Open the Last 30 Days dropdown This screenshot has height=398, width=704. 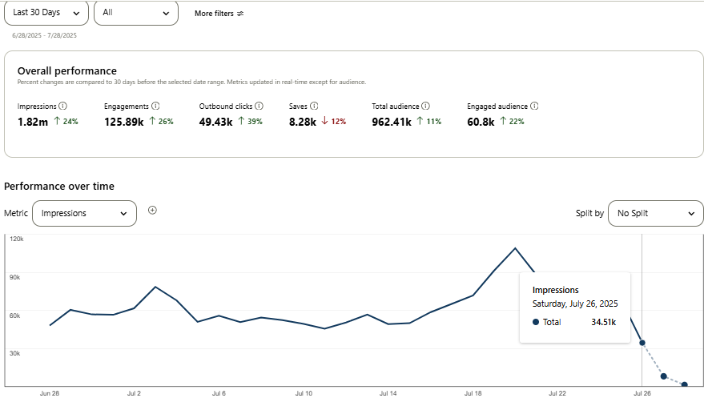click(46, 13)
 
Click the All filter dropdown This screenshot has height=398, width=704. click(135, 13)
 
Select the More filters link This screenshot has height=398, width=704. click(219, 14)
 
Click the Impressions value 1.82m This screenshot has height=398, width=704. click(33, 122)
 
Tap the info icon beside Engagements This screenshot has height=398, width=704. click(156, 106)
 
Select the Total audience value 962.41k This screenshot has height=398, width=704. click(391, 122)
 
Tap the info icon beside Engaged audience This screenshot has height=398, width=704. click(534, 106)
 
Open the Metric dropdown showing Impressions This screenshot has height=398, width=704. click(84, 213)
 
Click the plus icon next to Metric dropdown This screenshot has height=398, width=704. click(153, 211)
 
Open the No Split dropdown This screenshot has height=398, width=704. click(655, 214)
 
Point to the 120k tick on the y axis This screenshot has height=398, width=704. click(15, 239)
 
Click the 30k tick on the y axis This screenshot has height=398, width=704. click(14, 352)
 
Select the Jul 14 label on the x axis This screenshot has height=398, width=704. click(388, 393)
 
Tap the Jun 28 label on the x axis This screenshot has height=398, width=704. click(50, 393)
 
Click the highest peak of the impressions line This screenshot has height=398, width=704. click(515, 248)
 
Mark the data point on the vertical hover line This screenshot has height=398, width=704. click(642, 343)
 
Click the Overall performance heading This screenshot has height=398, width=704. click(66, 70)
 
